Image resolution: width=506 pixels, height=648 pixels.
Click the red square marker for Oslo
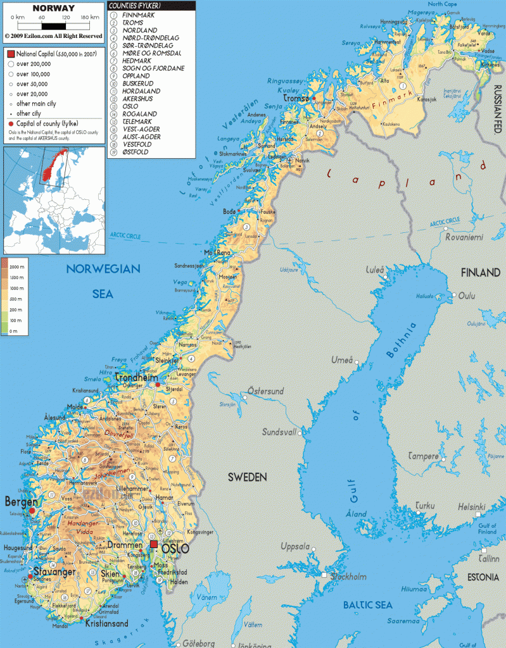[153, 544]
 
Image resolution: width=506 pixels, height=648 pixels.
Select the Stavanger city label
[54, 572]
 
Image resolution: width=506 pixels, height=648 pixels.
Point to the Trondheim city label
[137, 378]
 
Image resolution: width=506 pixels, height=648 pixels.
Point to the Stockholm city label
[348, 576]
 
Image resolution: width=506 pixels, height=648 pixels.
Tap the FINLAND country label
[481, 273]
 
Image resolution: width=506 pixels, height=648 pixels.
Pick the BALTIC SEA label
[368, 605]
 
